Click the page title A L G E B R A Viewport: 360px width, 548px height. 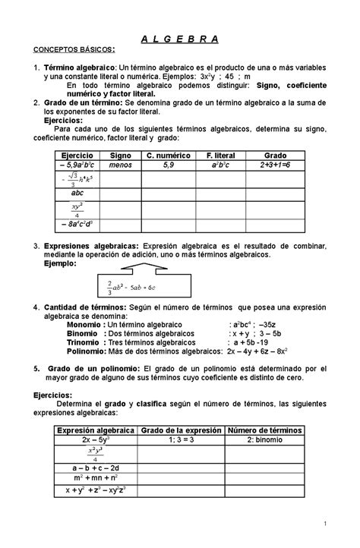[x=180, y=38]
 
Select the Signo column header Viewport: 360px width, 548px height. [x=120, y=154]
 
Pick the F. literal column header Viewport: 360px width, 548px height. [x=223, y=154]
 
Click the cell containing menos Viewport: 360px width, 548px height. [x=120, y=164]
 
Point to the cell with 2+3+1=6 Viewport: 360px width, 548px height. [x=276, y=164]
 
